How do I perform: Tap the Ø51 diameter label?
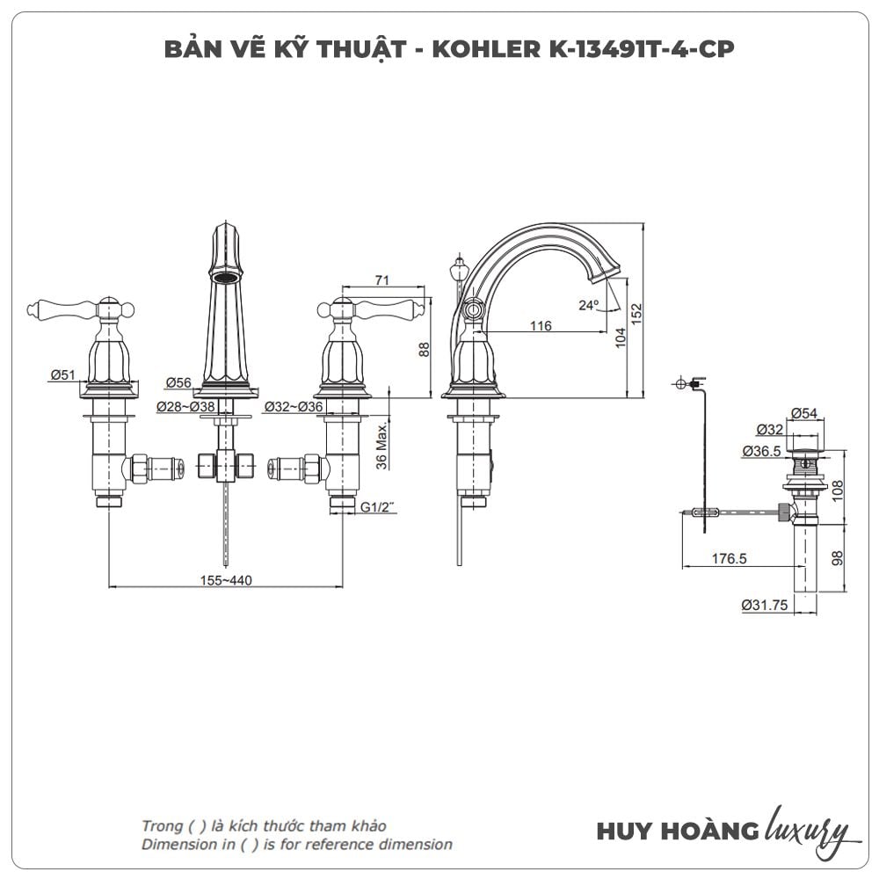coord(62,375)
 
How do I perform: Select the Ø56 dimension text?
coord(178,381)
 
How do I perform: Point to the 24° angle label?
coord(588,305)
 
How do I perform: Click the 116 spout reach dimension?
coord(541,326)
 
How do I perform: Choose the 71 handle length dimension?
coord(381,280)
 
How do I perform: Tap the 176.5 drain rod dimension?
coord(728,558)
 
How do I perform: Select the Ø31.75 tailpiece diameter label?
coord(765,605)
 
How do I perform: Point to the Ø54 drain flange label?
coord(804,413)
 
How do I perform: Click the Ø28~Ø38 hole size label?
coord(185,406)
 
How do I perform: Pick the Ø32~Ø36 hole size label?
coord(293,406)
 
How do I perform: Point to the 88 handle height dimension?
coord(424,348)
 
